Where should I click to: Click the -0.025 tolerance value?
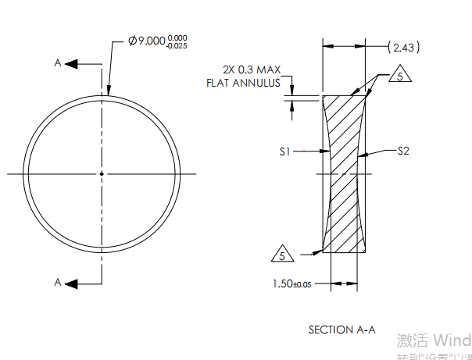[178, 45]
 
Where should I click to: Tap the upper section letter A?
[57, 63]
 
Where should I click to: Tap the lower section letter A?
[57, 281]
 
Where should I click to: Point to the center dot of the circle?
[102, 173]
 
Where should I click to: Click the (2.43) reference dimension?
[404, 48]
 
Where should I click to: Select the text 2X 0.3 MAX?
[251, 70]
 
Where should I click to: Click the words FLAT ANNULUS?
[243, 82]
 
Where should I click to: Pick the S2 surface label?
[403, 151]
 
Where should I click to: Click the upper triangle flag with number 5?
[399, 77]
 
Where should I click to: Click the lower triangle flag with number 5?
[282, 254]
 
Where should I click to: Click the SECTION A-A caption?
[341, 330]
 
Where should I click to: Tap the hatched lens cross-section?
[345, 173]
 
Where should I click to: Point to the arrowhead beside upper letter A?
[70, 63]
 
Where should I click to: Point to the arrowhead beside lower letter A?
[70, 281]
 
